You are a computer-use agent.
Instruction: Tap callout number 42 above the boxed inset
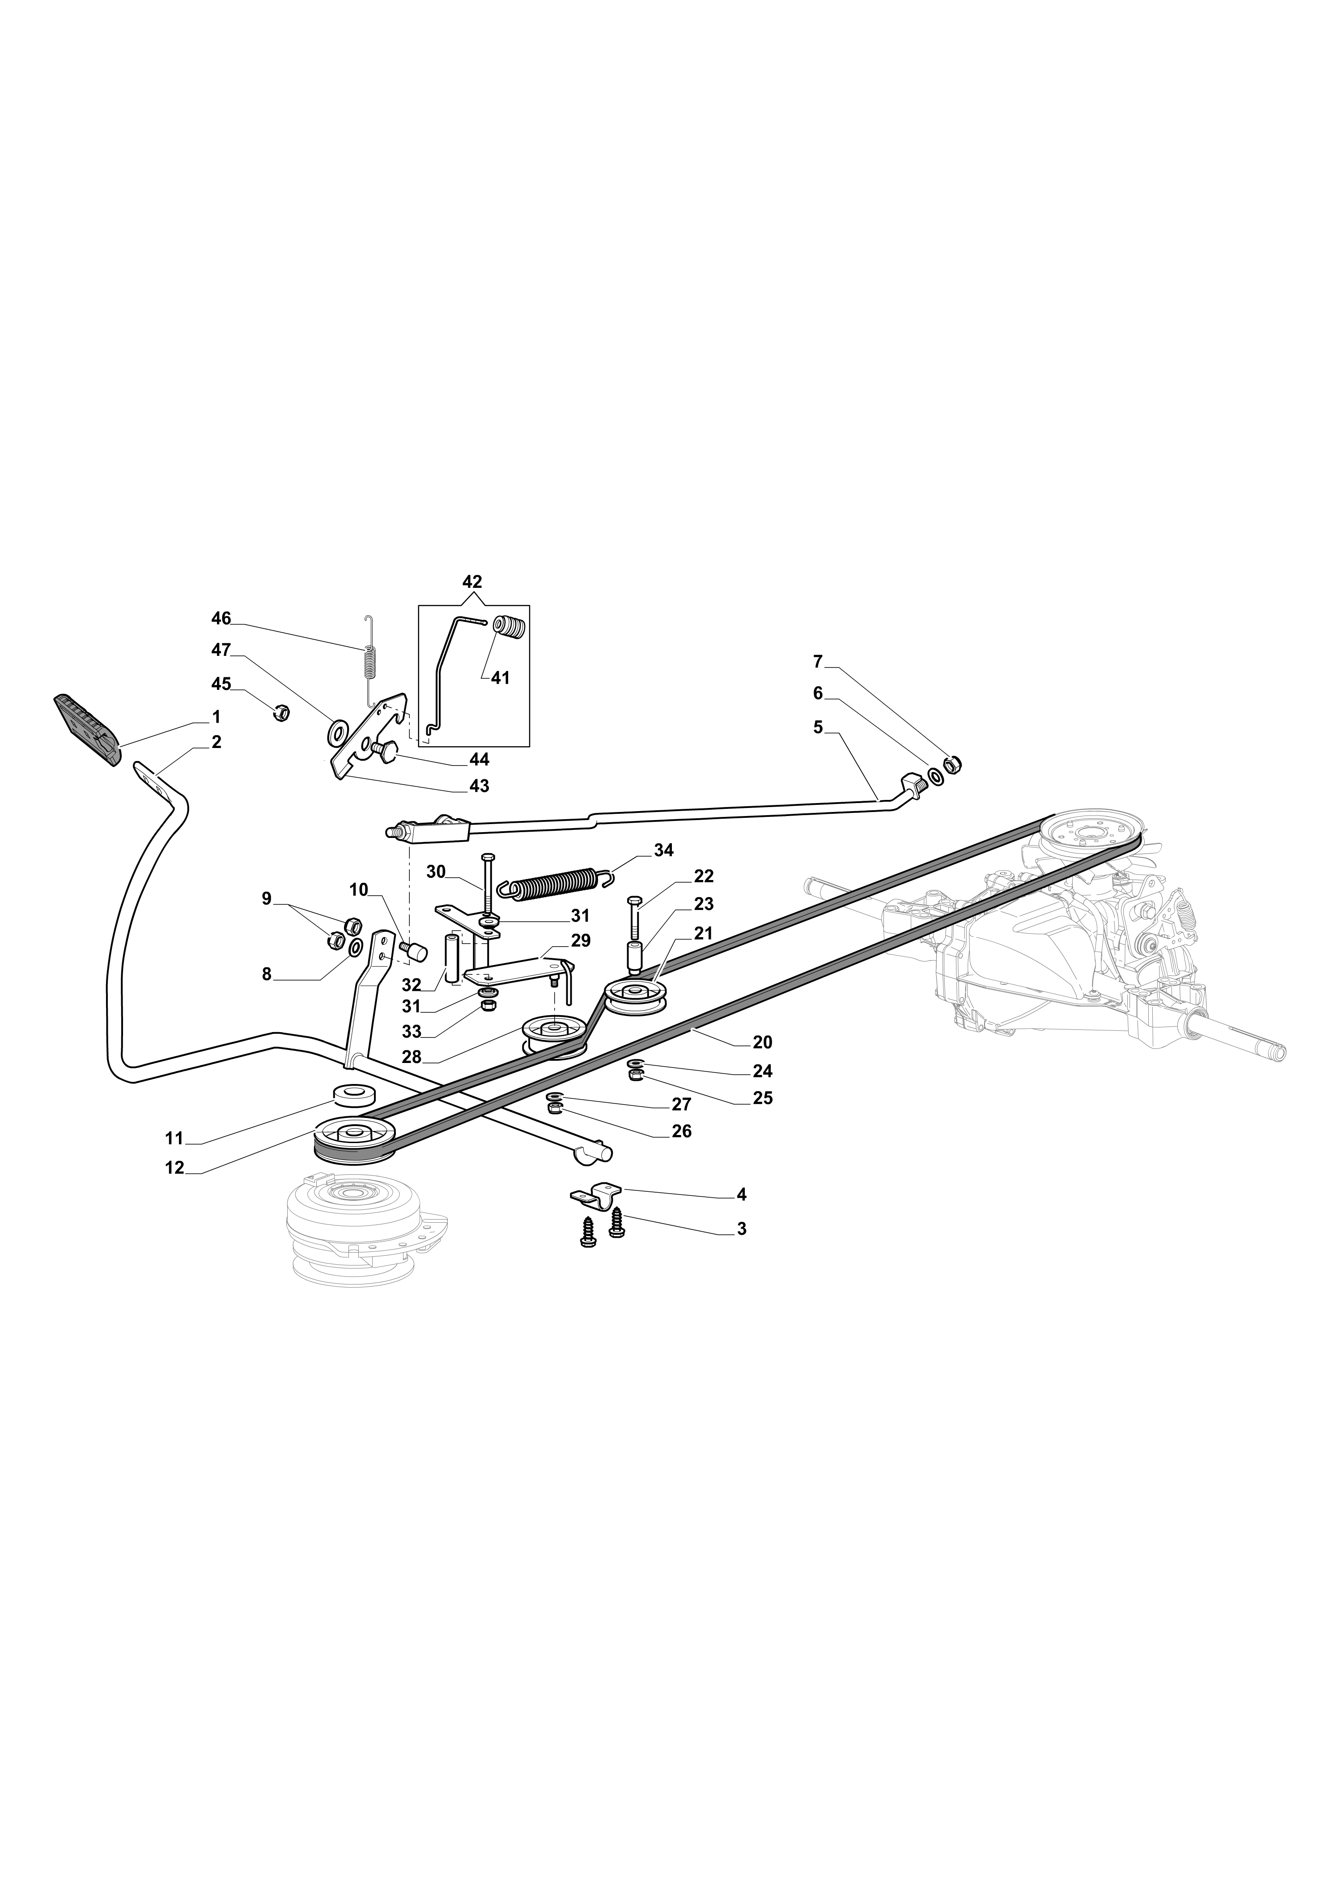point(472,582)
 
